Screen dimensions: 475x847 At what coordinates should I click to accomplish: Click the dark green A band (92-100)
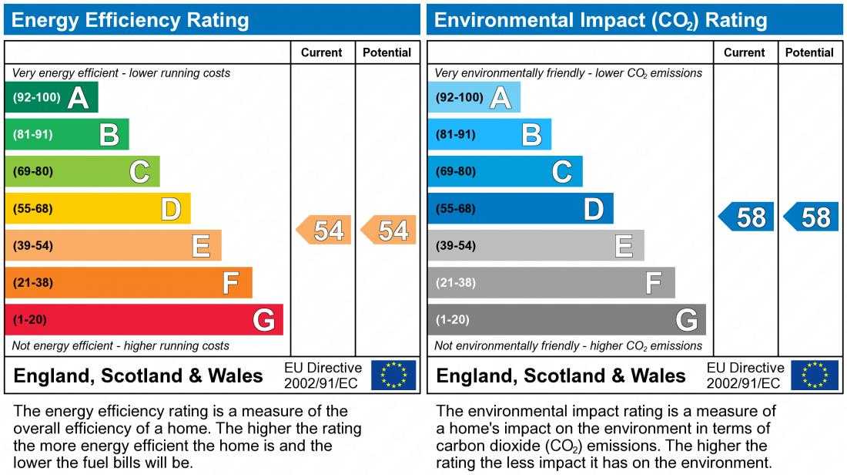[x=51, y=98]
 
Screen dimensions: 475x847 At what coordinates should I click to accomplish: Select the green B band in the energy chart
[x=66, y=135]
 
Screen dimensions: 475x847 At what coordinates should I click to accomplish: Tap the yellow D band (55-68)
[x=97, y=209]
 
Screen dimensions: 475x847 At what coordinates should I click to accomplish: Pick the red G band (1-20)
[x=143, y=320]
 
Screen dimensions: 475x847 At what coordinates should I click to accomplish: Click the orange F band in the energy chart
[x=128, y=283]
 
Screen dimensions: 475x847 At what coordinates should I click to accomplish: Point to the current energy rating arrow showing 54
[x=324, y=231]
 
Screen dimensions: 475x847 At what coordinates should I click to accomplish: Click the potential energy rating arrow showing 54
[x=389, y=231]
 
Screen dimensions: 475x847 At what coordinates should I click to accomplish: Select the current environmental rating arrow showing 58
[x=746, y=217]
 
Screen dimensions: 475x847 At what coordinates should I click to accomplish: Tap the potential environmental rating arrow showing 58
[x=812, y=217]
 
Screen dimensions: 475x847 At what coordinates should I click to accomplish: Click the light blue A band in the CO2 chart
[x=474, y=98]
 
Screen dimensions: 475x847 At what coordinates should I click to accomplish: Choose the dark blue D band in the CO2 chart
[x=520, y=209]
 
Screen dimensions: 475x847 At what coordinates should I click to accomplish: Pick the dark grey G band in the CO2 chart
[x=566, y=320]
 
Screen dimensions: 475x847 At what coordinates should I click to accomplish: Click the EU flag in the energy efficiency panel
[x=393, y=376]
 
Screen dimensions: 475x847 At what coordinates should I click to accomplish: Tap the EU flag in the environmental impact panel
[x=816, y=376]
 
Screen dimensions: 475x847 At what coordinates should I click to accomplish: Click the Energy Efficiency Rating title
[x=130, y=20]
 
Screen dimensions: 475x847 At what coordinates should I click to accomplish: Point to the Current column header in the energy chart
[x=322, y=52]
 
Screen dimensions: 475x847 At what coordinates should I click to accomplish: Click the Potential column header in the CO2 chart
[x=809, y=52]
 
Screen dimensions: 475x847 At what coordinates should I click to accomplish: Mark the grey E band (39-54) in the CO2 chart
[x=535, y=246]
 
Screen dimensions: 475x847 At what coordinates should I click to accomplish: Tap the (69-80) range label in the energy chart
[x=33, y=172]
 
